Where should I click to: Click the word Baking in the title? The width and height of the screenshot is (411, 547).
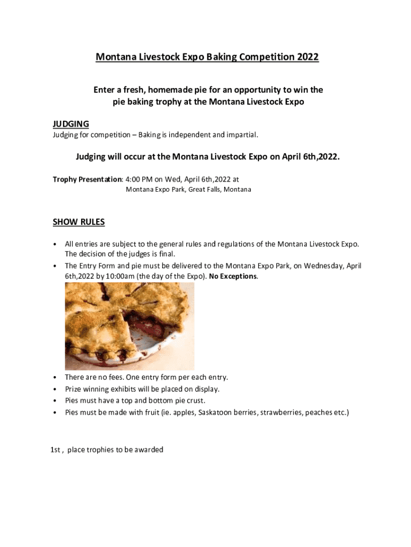tap(219, 57)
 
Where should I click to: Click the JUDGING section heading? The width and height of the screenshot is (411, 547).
tap(70, 124)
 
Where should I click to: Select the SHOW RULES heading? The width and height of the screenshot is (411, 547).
tap(78, 222)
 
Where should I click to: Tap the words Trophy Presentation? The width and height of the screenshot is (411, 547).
tap(88, 179)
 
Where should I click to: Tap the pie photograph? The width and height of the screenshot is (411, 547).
tap(129, 326)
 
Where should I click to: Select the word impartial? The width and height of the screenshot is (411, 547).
tap(241, 135)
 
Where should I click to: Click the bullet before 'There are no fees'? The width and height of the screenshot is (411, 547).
tap(56, 378)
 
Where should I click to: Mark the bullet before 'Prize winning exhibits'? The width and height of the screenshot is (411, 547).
tap(56, 389)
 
